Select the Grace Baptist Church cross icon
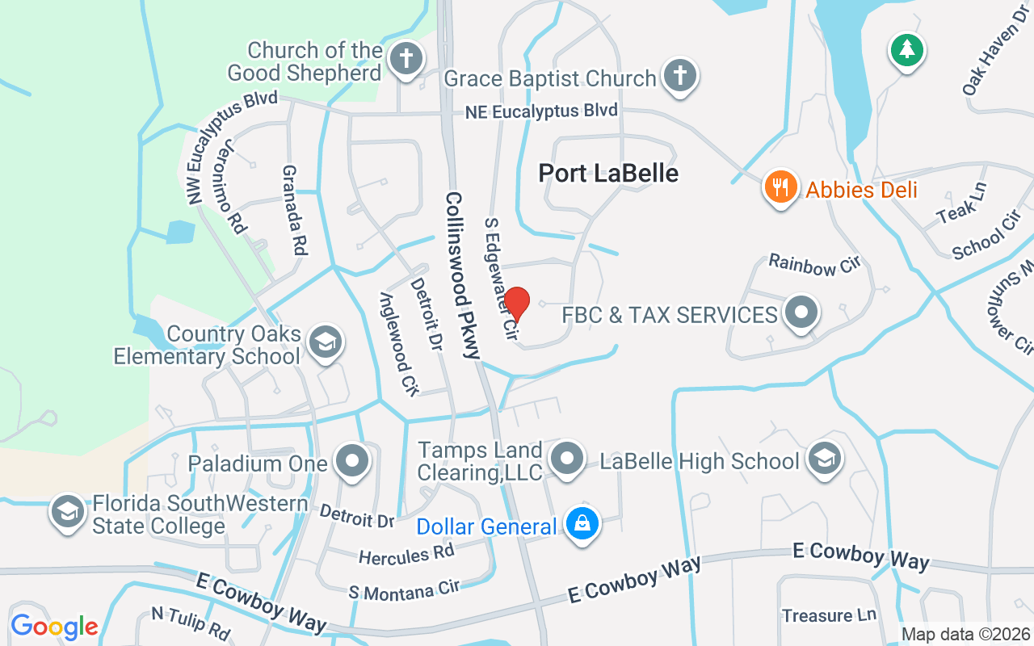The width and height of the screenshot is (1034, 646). pos(679,76)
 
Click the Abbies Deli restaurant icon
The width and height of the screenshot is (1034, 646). pos(780,187)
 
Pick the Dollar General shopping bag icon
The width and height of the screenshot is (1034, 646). pos(581,524)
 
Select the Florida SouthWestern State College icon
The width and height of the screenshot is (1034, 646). pos(68,512)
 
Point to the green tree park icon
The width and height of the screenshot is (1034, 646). pos(906,50)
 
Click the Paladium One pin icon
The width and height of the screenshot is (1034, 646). pos(352,461)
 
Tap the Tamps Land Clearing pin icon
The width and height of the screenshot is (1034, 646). pos(566,459)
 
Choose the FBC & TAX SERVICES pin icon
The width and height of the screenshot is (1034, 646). pos(801,313)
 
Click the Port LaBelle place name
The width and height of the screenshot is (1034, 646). pos(608,173)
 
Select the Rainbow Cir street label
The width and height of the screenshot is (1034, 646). pos(815,263)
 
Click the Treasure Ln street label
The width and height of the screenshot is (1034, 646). pos(829,615)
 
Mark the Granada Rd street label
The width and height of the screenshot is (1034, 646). pos(295,210)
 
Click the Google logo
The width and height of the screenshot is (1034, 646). pos(54,627)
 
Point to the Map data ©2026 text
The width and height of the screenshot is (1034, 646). pos(965,634)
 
